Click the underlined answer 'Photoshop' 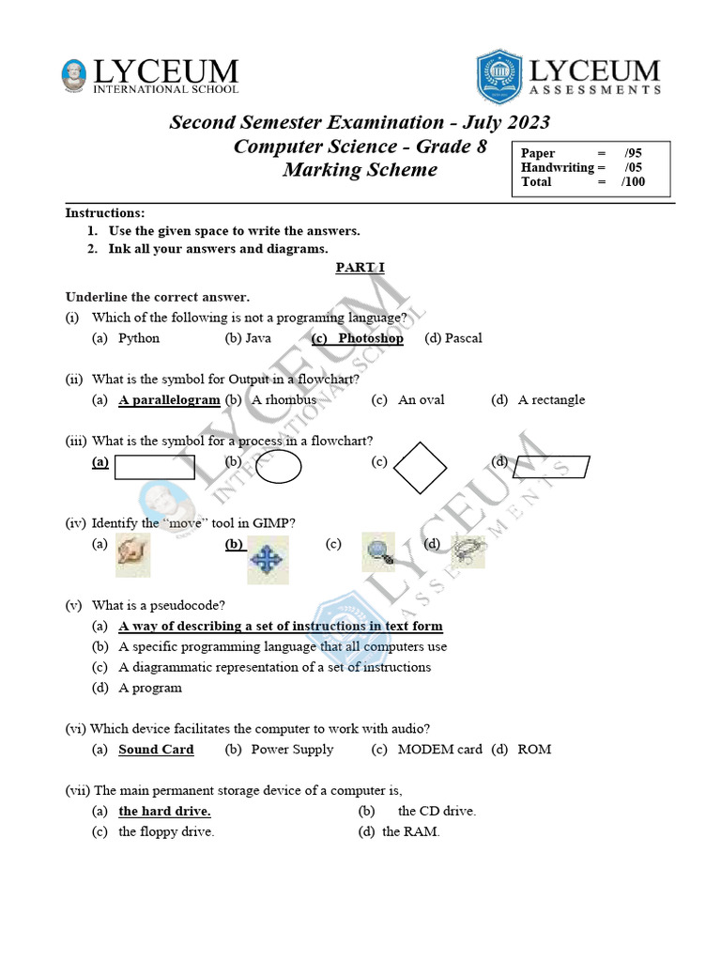(370, 338)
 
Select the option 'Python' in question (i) (139, 338)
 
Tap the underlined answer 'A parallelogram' (169, 399)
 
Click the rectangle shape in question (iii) (154, 467)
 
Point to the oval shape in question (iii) (278, 467)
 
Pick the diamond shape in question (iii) (419, 466)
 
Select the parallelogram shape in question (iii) (552, 467)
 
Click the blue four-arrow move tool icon (268, 561)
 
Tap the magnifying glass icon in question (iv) (378, 553)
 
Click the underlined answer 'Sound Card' (156, 749)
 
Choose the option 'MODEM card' (439, 749)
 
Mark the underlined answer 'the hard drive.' (164, 811)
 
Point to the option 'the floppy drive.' (166, 831)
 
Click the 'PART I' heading (360, 268)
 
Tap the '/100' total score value (633, 181)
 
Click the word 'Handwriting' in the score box (558, 167)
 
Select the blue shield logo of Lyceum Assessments (499, 77)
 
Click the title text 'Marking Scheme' (360, 170)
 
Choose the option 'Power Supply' (292, 749)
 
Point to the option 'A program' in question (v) (150, 688)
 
